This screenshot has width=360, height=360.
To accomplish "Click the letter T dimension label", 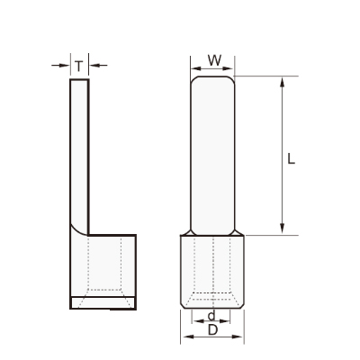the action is click(x=78, y=67).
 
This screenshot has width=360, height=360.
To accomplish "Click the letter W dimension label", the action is click(x=215, y=60).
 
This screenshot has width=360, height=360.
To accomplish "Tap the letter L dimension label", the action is click(x=291, y=158).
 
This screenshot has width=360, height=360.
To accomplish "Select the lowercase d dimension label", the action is click(x=211, y=316).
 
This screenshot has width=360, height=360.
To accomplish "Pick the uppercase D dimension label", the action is click(x=212, y=330).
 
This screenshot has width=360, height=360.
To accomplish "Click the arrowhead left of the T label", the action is click(x=65, y=65).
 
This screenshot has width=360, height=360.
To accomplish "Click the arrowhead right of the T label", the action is click(x=94, y=65).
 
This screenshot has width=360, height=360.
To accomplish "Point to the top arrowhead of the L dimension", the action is click(x=282, y=82).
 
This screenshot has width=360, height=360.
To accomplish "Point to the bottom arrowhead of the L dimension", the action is click(x=282, y=229).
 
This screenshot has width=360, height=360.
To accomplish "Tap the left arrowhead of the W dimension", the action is click(x=196, y=68).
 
